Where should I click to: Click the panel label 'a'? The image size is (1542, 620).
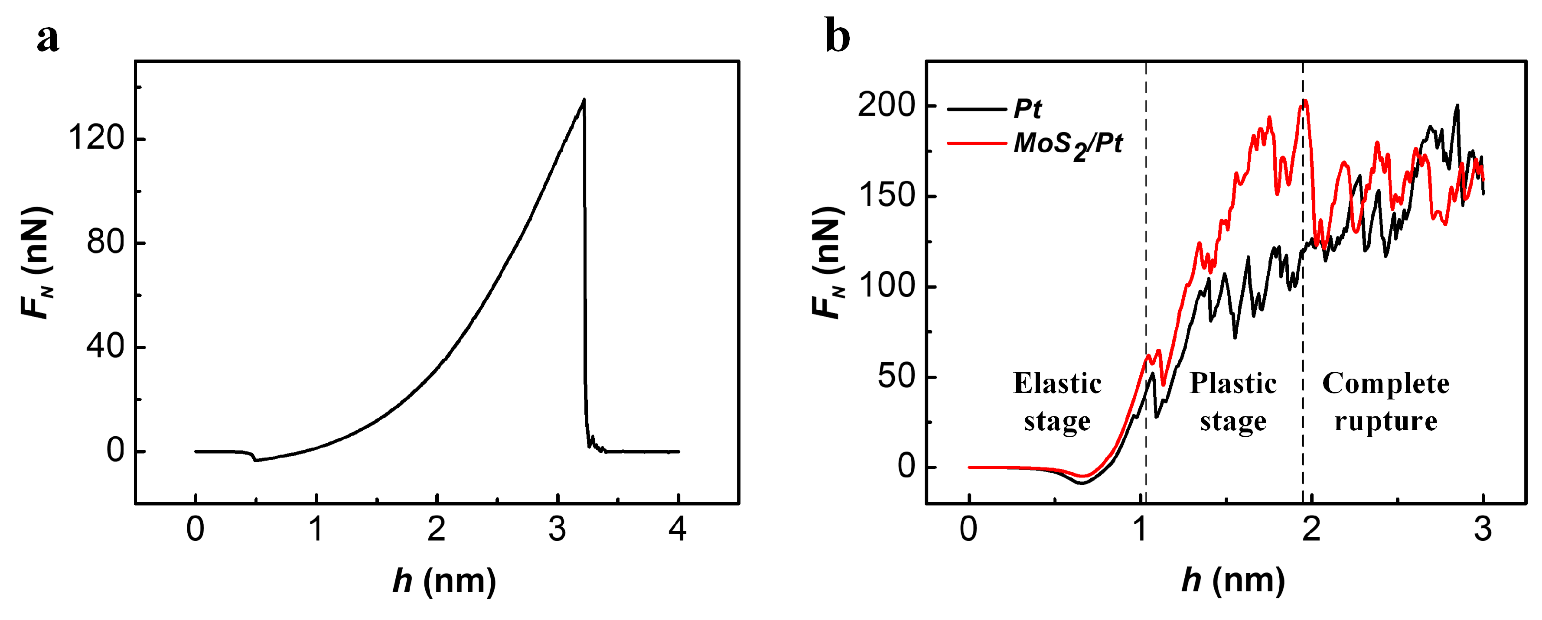tap(48, 39)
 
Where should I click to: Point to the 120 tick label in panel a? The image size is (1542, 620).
tap(96, 138)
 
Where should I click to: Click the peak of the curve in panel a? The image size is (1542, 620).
tap(584, 100)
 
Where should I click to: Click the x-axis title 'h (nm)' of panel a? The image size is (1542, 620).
tap(444, 581)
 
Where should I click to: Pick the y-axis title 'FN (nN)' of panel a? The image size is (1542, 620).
tap(37, 263)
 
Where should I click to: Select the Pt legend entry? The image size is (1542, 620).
tap(1027, 109)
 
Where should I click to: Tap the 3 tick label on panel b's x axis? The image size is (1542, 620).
tap(1482, 529)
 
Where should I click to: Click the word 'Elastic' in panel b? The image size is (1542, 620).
tap(1057, 383)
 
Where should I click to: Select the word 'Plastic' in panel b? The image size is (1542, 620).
tap(1232, 383)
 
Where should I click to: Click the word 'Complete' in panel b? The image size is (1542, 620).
tap(1386, 383)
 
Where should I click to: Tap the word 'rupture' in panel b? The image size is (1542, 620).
tap(1386, 421)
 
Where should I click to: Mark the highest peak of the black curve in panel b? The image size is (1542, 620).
tap(1457, 105)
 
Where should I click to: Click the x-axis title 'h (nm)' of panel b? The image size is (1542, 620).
tap(1233, 581)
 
